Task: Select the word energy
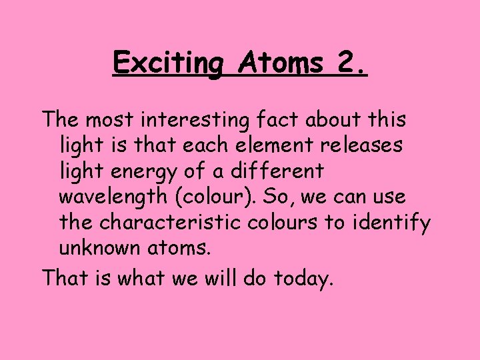coord(153,171)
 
